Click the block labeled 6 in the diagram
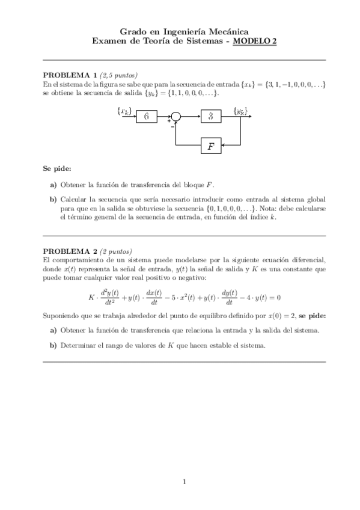[146, 117]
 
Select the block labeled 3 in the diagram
[210, 117]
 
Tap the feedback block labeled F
[210, 146]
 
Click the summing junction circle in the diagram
[175, 117]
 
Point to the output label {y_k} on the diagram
[240, 111]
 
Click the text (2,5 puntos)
[119, 75]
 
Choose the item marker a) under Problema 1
[53, 185]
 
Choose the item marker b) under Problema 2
[53, 345]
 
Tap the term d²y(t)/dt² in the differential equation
[109, 296]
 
